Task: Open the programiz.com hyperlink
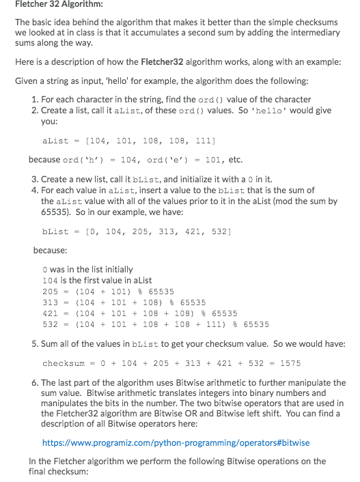coord(176,442)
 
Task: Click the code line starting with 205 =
coord(113,291)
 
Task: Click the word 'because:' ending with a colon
coord(50,250)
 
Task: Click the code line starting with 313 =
coord(124,302)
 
